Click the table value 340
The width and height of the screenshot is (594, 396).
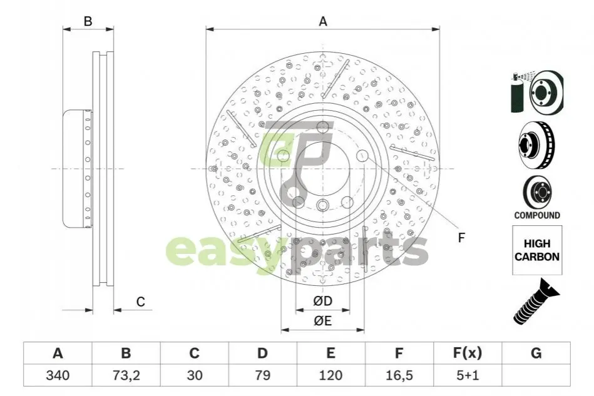58,375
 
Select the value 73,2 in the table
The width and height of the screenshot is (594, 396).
126,375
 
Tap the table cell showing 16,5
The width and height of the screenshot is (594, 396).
399,375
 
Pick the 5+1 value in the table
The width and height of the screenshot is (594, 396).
468,375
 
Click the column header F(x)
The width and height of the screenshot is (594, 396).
468,353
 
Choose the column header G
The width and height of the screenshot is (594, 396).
536,353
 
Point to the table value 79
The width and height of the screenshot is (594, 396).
262,375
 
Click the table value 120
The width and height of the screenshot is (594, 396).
330,375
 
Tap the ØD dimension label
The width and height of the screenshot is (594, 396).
323,301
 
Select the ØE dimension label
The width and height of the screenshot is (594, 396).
323,321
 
